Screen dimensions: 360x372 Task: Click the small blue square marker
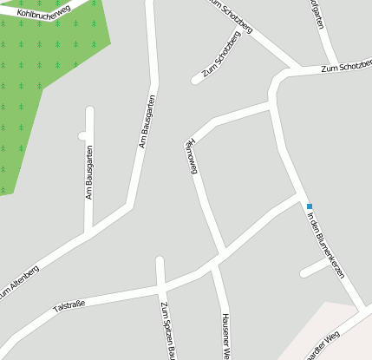tap(309, 206)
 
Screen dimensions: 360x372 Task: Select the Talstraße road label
tap(69, 305)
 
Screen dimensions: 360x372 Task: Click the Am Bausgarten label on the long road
tap(147, 121)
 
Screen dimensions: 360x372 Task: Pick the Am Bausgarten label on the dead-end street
tap(88, 173)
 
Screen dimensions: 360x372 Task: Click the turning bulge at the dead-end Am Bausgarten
tap(82, 135)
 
